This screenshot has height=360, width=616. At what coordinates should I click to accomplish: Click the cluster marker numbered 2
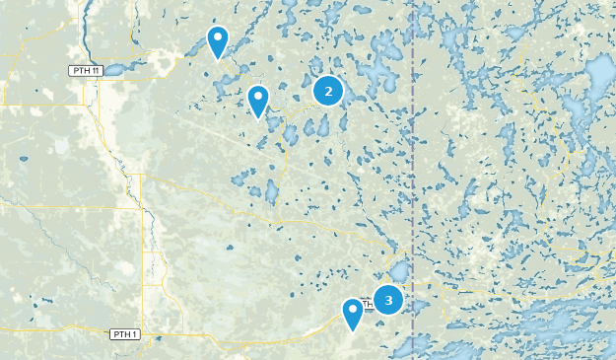point(328,91)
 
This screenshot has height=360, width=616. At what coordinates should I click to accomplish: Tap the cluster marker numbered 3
point(388,300)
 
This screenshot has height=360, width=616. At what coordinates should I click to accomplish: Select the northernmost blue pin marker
point(218,42)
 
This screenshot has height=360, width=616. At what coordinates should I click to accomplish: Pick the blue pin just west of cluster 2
point(258,101)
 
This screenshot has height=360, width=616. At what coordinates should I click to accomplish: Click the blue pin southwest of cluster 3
point(353,314)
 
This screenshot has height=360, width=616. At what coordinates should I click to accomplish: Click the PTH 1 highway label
point(124,334)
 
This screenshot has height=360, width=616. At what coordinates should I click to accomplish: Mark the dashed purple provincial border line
point(412,178)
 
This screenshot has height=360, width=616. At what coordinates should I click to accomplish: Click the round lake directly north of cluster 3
point(399,269)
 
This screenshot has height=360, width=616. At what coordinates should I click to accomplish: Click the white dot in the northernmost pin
point(218,38)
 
